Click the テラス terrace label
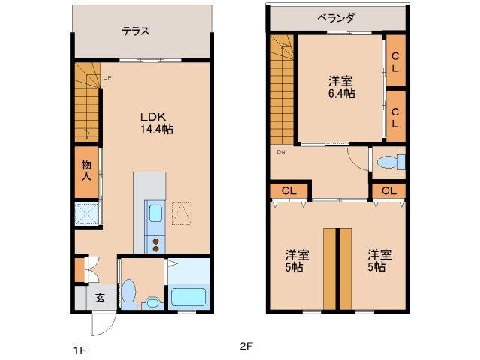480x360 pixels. click(x=136, y=31)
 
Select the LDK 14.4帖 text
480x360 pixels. click(x=156, y=123)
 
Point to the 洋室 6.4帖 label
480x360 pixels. click(x=341, y=87)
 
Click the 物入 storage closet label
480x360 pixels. click(x=86, y=170)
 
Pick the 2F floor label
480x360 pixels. click(x=245, y=346)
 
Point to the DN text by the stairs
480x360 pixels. click(x=281, y=153)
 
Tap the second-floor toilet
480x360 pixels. click(x=390, y=162)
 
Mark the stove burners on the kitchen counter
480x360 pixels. click(x=156, y=244)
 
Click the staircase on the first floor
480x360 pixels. click(x=87, y=101)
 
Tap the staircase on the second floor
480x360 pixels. click(x=283, y=90)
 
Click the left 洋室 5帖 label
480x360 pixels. click(x=297, y=260)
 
